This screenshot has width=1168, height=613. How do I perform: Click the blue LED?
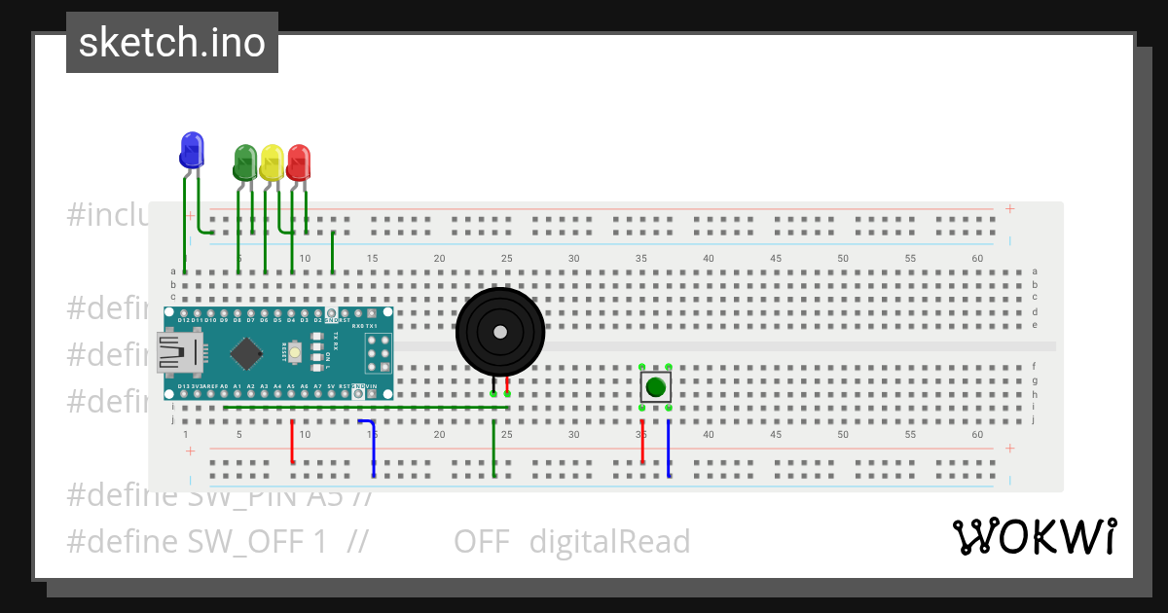192,150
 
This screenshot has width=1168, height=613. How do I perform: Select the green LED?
245,162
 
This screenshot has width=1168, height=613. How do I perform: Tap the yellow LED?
272,162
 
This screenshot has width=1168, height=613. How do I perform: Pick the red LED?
298,162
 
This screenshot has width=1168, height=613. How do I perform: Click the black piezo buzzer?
499,332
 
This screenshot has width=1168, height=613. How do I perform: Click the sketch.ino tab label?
172,43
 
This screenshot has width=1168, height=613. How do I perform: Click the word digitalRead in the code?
609,542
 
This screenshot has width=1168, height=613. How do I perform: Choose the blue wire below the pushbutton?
669,448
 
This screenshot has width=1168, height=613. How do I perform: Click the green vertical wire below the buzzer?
494,448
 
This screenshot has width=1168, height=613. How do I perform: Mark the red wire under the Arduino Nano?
293,441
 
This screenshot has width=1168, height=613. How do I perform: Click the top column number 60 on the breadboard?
977,258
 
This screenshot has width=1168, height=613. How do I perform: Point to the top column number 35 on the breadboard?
641,258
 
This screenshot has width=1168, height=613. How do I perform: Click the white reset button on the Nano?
294,346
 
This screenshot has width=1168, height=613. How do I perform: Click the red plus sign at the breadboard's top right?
1010,208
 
